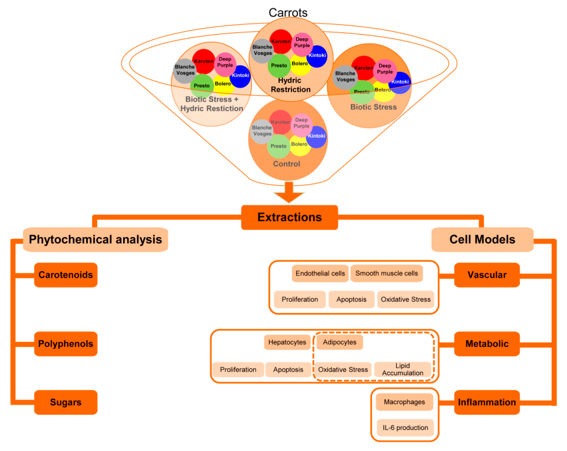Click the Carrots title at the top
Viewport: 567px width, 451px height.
click(288, 13)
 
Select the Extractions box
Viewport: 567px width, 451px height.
click(289, 217)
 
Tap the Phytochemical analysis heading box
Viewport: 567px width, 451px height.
click(96, 240)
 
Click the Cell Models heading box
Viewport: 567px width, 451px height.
click(482, 240)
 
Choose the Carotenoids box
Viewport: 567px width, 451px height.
click(66, 275)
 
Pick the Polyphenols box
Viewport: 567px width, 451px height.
click(66, 344)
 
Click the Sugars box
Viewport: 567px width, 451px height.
click(66, 402)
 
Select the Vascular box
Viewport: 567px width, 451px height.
click(487, 275)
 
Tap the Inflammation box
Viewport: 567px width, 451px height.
click(487, 402)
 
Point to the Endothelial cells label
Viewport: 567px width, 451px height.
click(320, 273)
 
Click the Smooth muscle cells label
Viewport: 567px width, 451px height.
click(387, 273)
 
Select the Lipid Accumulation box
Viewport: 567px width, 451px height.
click(402, 369)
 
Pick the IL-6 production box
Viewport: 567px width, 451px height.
click(405, 428)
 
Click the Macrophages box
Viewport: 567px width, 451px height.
click(404, 402)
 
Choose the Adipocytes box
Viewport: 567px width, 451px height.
click(340, 342)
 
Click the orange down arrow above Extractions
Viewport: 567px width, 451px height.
click(289, 193)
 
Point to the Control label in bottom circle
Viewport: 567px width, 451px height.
click(286, 164)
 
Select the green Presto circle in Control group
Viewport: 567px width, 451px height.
click(278, 146)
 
